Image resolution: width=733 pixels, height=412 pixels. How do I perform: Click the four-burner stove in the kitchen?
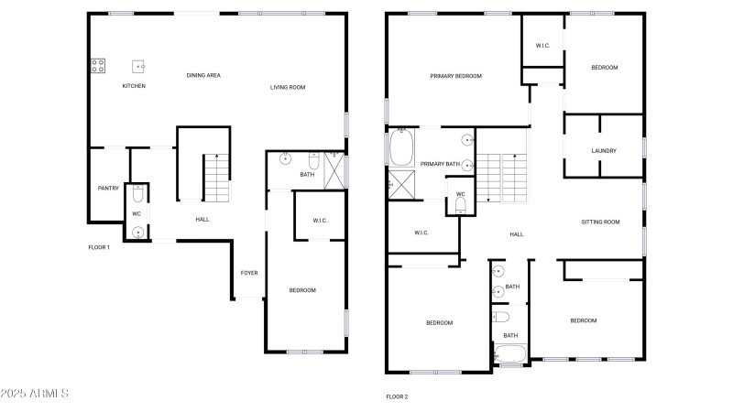[98, 65]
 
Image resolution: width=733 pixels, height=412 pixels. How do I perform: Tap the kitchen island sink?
[138, 66]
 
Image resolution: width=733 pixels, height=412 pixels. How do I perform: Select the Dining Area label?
[203, 75]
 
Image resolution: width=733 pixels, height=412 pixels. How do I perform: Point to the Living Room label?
[288, 87]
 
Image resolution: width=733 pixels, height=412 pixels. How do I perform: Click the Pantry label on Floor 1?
[108, 189]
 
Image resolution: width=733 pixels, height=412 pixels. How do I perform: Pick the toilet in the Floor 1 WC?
[138, 193]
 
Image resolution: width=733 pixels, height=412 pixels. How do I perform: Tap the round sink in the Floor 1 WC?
[137, 233]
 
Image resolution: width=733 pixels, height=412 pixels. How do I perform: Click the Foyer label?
[249, 273]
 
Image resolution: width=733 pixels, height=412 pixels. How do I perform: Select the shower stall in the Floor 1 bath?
[334, 170]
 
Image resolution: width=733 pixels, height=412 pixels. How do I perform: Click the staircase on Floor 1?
[217, 178]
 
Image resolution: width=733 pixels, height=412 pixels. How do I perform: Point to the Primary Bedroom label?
[455, 76]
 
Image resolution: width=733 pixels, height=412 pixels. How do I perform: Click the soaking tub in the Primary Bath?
[401, 147]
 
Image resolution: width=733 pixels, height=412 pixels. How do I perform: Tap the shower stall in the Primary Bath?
[401, 185]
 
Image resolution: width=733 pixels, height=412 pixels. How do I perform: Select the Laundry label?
[604, 151]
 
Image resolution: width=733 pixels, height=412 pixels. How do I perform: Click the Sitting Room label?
[600, 222]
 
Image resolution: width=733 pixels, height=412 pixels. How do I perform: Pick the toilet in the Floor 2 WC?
[461, 205]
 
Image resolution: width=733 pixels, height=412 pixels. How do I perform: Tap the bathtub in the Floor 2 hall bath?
[510, 353]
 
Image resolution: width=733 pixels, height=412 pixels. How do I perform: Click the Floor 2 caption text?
[397, 397]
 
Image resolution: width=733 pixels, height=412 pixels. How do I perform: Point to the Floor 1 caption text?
[99, 247]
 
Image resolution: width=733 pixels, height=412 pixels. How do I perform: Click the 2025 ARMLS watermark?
[35, 394]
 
